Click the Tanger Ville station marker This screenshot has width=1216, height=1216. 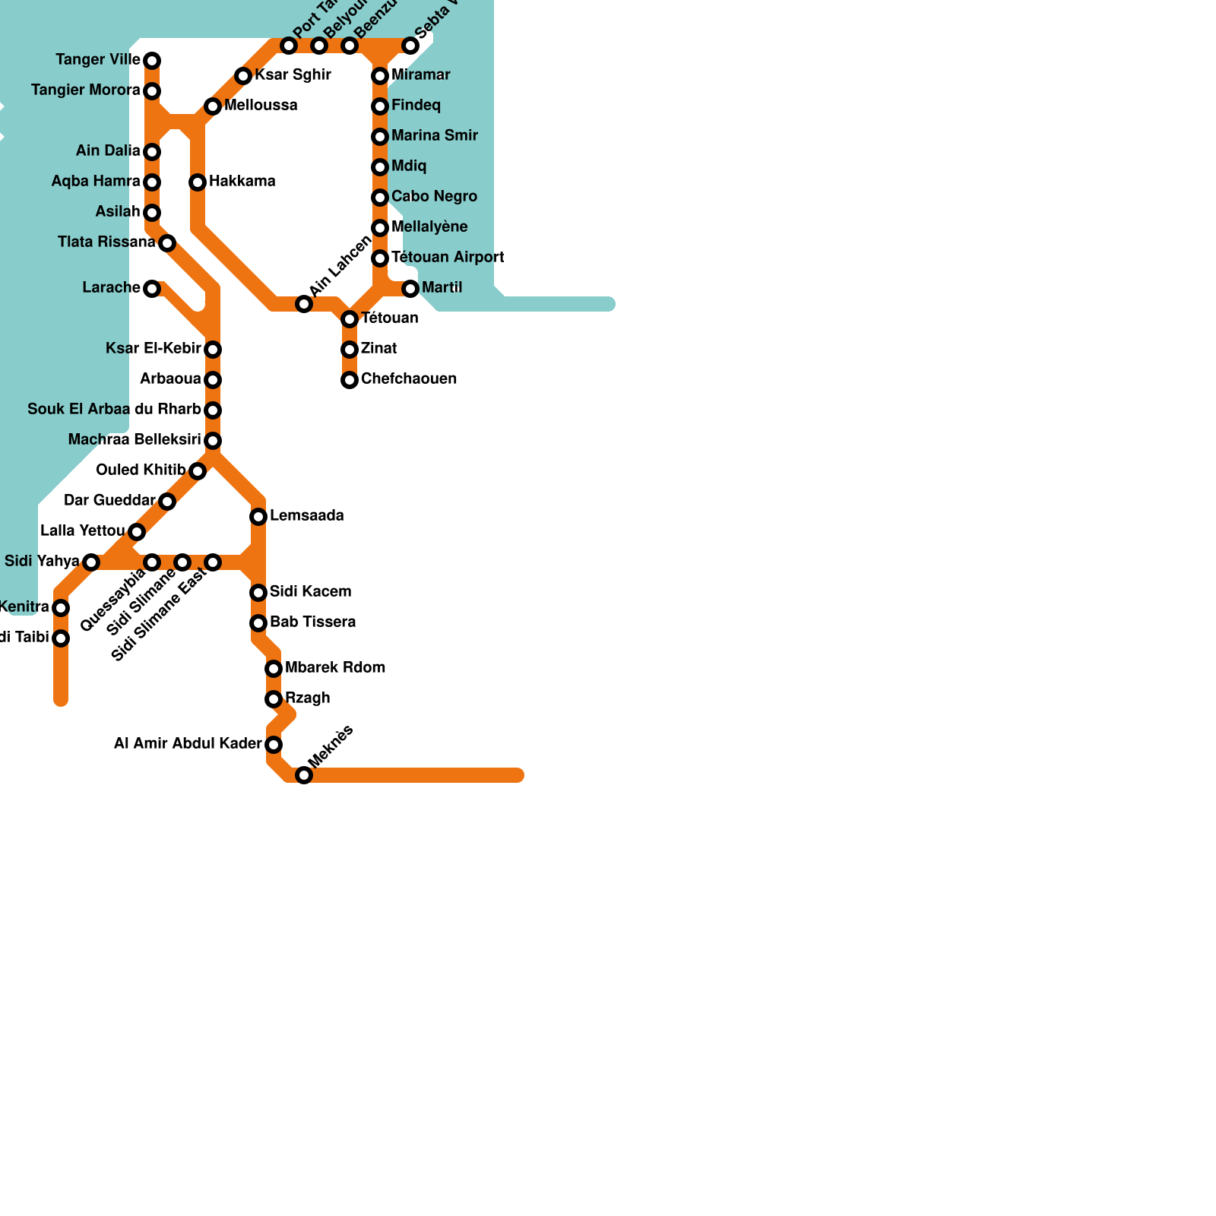click(x=152, y=61)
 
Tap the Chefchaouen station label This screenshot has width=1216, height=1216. click(x=408, y=378)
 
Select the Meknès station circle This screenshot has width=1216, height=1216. click(x=304, y=775)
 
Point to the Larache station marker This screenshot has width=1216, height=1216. click(x=152, y=289)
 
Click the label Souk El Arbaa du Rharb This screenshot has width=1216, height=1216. click(x=114, y=410)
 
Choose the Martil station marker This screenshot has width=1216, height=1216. click(x=410, y=289)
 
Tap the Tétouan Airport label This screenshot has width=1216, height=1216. click(x=448, y=257)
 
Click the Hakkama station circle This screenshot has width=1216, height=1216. click(x=198, y=182)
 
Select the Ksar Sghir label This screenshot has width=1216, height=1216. click(x=293, y=74)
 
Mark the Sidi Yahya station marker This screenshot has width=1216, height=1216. click(x=91, y=562)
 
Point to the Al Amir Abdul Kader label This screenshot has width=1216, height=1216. click(x=188, y=743)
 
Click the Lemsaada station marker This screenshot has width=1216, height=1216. click(x=258, y=517)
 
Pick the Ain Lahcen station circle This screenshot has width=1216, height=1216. click(x=304, y=304)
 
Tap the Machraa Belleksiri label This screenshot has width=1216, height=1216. click(x=135, y=440)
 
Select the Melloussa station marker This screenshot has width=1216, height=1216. click(x=213, y=106)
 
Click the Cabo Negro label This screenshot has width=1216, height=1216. click(x=434, y=196)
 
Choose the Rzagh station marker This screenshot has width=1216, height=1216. click(x=274, y=699)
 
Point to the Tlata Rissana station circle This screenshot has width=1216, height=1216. click(x=167, y=243)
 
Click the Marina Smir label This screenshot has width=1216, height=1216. click(x=434, y=135)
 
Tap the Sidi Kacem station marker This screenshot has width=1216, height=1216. click(x=258, y=593)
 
